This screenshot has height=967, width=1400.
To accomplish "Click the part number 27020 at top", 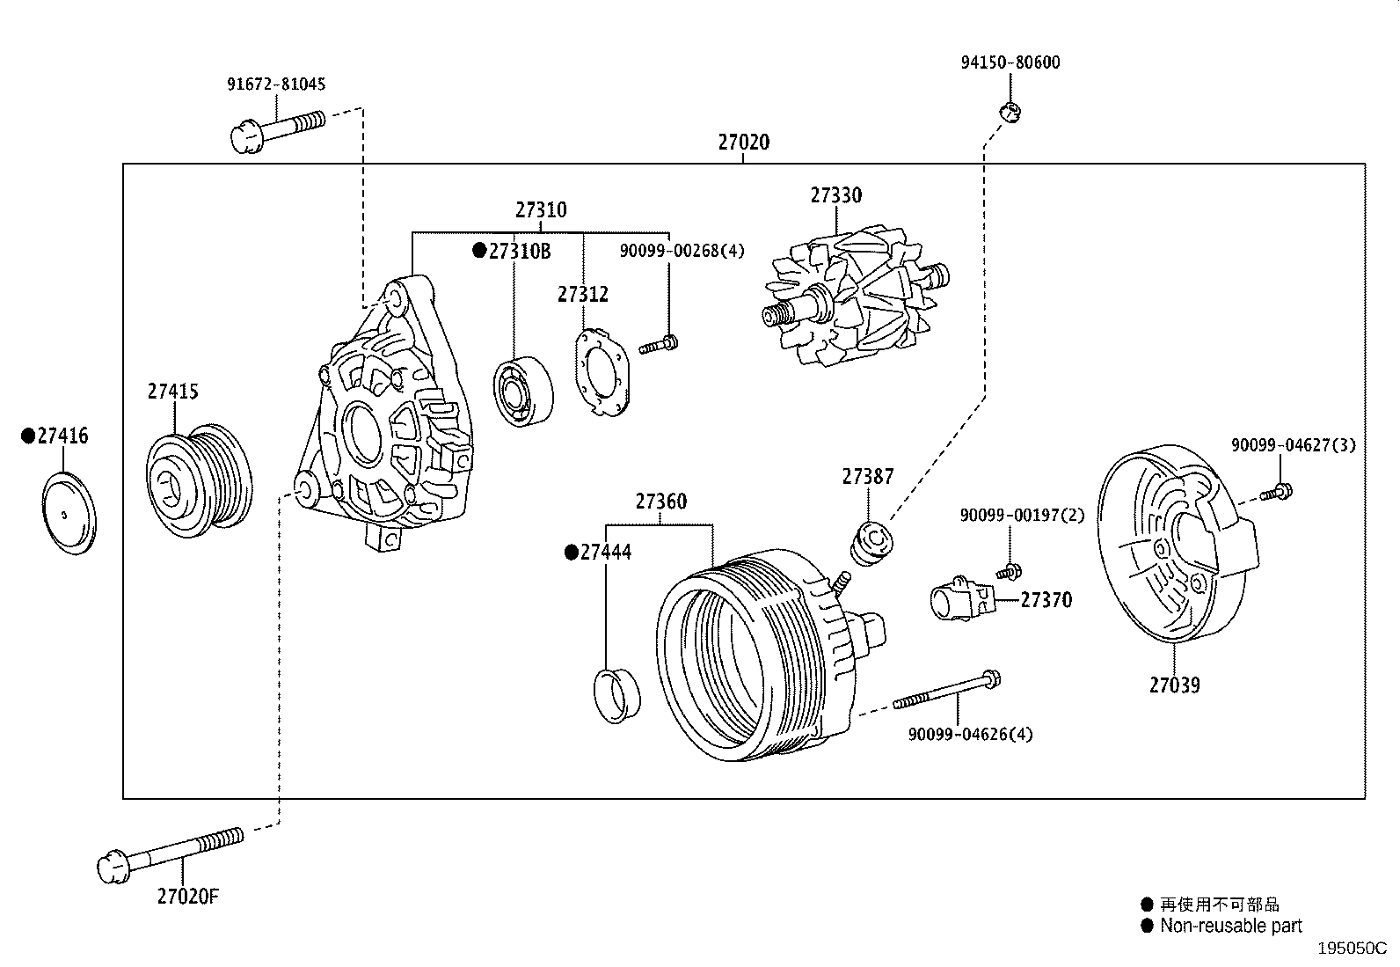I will pos(743,143).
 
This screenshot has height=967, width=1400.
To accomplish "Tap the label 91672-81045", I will pos(276,84).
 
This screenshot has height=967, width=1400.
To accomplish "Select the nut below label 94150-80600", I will pos(1010,112).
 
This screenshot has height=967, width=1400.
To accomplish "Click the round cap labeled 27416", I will pos(69,513).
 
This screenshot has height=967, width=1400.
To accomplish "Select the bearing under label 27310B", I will pos(523,392).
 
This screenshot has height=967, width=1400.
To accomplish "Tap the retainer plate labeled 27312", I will pos(605,372).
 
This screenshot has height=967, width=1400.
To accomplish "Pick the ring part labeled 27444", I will pos(617,695).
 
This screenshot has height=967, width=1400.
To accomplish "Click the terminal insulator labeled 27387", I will pos(871,544).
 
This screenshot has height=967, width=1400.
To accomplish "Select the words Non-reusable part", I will pos(1230,926).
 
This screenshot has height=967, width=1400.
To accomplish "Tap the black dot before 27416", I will pos(28,436).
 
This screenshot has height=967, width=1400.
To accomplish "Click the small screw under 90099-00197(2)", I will pos(1010,571).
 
